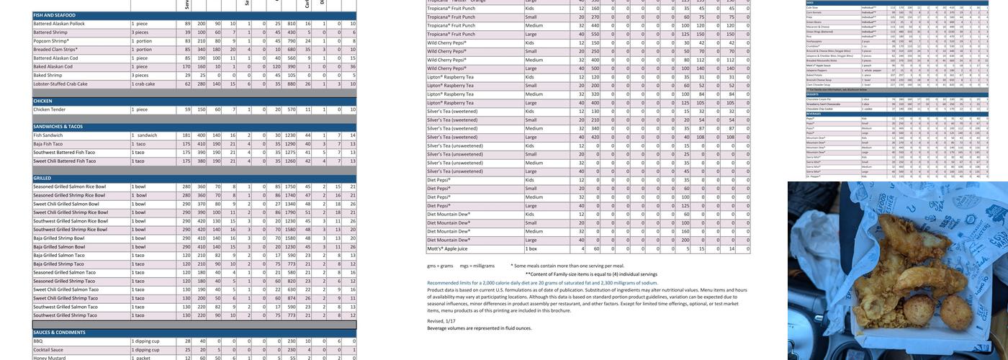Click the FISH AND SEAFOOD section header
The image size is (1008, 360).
(54, 15)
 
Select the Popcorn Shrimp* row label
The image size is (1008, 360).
(51, 41)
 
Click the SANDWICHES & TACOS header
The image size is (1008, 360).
(58, 127)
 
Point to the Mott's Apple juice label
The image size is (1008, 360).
(447, 248)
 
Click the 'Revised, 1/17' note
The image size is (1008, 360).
(441, 321)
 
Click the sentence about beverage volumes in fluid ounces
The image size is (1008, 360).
(479, 328)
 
